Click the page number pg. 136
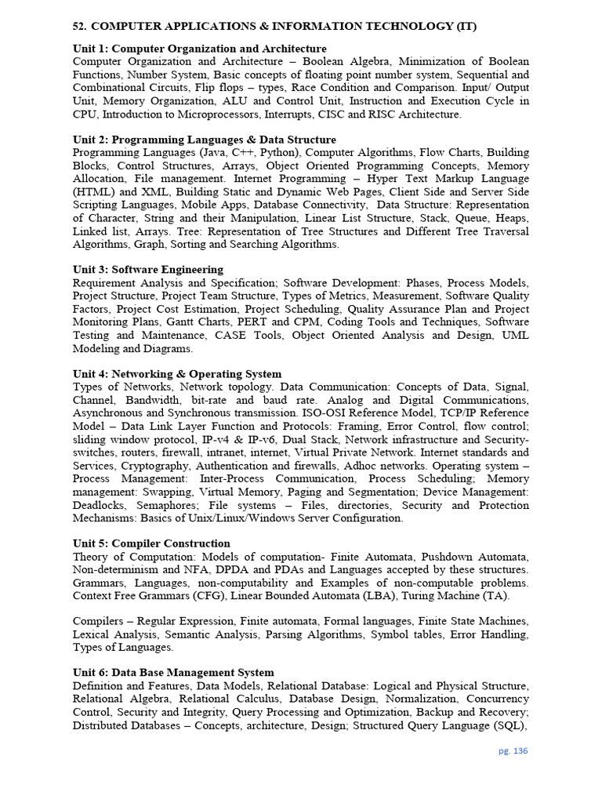point(513,750)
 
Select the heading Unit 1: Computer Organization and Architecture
point(200,49)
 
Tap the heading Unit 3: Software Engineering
point(148,269)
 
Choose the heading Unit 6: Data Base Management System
point(173,672)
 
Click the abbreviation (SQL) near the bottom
point(510,725)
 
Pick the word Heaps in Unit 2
point(510,218)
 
